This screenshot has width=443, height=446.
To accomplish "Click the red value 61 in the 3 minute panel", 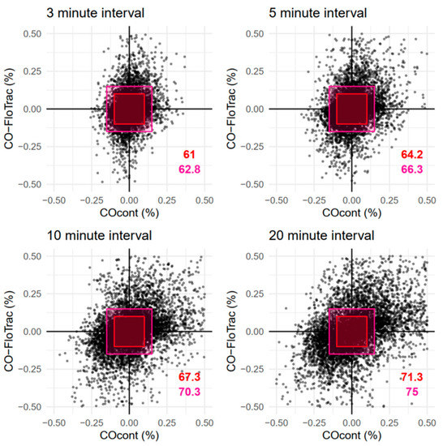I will coord(188,154).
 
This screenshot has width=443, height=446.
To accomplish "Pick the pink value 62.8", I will coord(188,169).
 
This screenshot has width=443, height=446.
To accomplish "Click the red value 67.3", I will coord(188,377).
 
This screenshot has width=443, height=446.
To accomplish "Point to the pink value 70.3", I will coord(188,392).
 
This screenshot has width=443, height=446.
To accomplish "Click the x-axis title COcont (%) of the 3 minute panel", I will coord(130,212).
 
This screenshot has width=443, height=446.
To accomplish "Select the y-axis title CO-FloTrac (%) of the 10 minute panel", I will coord(11,332).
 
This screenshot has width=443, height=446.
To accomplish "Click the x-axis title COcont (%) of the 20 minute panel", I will coord(352,435).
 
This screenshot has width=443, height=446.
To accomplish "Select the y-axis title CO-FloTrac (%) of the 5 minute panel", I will coord(234,109).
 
